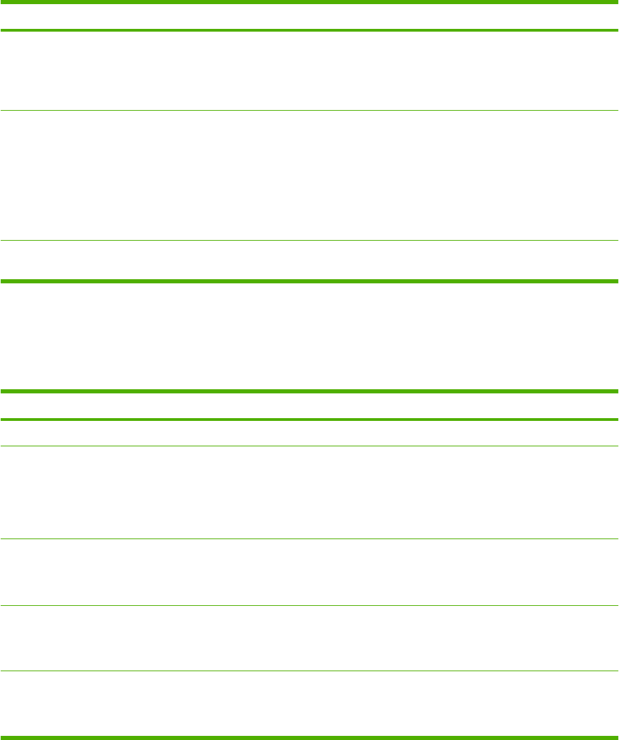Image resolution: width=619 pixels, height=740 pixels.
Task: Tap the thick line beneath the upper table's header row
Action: click(309, 30)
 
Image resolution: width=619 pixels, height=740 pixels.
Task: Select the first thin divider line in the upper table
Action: click(309, 111)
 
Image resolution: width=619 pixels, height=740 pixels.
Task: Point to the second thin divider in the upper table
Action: click(309, 240)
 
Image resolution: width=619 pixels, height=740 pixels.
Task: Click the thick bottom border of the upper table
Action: click(309, 281)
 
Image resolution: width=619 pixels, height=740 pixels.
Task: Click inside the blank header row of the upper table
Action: click(309, 17)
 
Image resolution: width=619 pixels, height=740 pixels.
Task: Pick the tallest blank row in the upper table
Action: click(309, 175)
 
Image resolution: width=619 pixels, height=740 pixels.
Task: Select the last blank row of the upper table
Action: click(309, 259)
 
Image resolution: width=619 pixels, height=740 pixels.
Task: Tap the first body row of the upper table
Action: click(309, 71)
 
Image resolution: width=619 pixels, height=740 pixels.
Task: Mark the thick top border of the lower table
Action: click(309, 391)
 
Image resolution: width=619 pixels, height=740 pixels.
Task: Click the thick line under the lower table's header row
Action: click(309, 420)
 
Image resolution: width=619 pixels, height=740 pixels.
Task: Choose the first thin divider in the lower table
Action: click(309, 446)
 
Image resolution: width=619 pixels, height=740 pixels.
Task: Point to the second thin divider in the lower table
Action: click(309, 538)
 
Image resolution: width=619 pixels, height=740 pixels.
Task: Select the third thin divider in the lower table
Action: click(309, 605)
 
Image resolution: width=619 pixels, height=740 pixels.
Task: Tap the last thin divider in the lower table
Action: click(309, 671)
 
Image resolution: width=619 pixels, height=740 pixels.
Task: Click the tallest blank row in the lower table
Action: click(309, 492)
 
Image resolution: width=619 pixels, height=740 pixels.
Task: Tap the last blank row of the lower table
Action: click(309, 704)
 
